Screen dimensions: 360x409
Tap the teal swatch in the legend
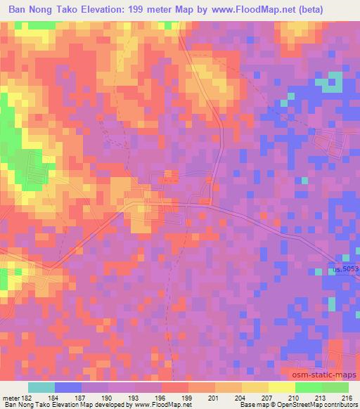coord(41,387)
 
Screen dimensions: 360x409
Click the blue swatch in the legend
coord(68,387)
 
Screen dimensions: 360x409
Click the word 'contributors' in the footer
coord(339,405)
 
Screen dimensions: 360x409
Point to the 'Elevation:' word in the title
coord(131,10)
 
